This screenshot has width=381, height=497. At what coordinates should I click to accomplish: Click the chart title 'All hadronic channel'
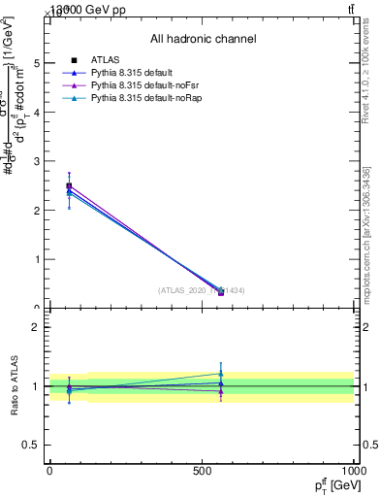coord(203,39)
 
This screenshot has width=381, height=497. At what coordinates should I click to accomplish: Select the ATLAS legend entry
coord(106,60)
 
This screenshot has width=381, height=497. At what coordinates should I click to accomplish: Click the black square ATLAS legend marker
coord(74,60)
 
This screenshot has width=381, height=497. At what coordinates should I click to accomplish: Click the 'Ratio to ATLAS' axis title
coord(15,385)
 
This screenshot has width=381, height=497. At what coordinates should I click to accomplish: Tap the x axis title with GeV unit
coord(331,483)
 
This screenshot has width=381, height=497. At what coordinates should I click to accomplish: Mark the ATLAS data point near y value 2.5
coord(69,185)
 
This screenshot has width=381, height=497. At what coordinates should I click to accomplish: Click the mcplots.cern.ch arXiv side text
coord(366,233)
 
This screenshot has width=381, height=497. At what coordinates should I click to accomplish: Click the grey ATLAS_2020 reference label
coord(202,290)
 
